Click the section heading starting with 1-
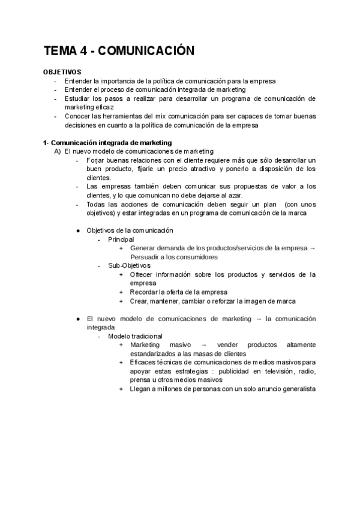tap(107, 143)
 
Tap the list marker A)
tap(58, 152)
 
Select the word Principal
tap(122, 239)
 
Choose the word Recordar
tap(145, 292)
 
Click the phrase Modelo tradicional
tap(135, 336)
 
